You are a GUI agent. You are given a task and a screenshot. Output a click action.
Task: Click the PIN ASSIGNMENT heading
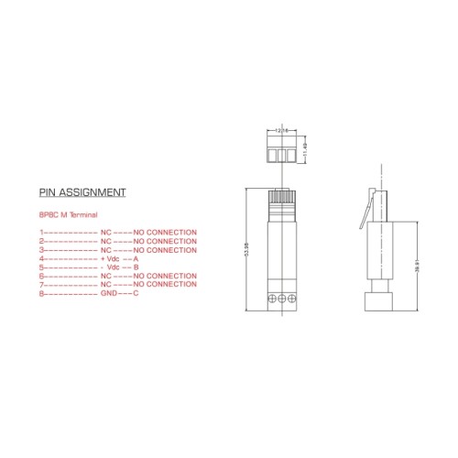[82, 193]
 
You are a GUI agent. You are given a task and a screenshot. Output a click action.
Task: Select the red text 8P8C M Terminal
[69, 214]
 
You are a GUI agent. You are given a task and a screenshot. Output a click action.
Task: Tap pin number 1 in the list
[41, 233]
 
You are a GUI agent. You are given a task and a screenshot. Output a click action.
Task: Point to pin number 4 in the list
[41, 258]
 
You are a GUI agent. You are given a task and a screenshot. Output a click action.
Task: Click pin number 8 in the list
[41, 293]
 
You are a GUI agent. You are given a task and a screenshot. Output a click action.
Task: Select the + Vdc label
[110, 258]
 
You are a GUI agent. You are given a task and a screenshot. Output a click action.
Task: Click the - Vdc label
[110, 267]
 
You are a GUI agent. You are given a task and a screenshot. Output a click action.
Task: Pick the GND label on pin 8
[109, 293]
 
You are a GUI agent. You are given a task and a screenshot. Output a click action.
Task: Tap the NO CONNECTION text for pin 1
[165, 233]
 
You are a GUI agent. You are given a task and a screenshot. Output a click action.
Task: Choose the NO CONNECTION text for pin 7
[165, 285]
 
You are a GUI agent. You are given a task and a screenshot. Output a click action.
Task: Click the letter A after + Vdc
[136, 258]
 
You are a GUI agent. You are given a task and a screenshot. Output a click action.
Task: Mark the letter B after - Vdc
[136, 267]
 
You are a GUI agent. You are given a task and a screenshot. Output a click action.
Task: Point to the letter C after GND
[136, 293]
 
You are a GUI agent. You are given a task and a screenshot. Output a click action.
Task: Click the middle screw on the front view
[281, 299]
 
